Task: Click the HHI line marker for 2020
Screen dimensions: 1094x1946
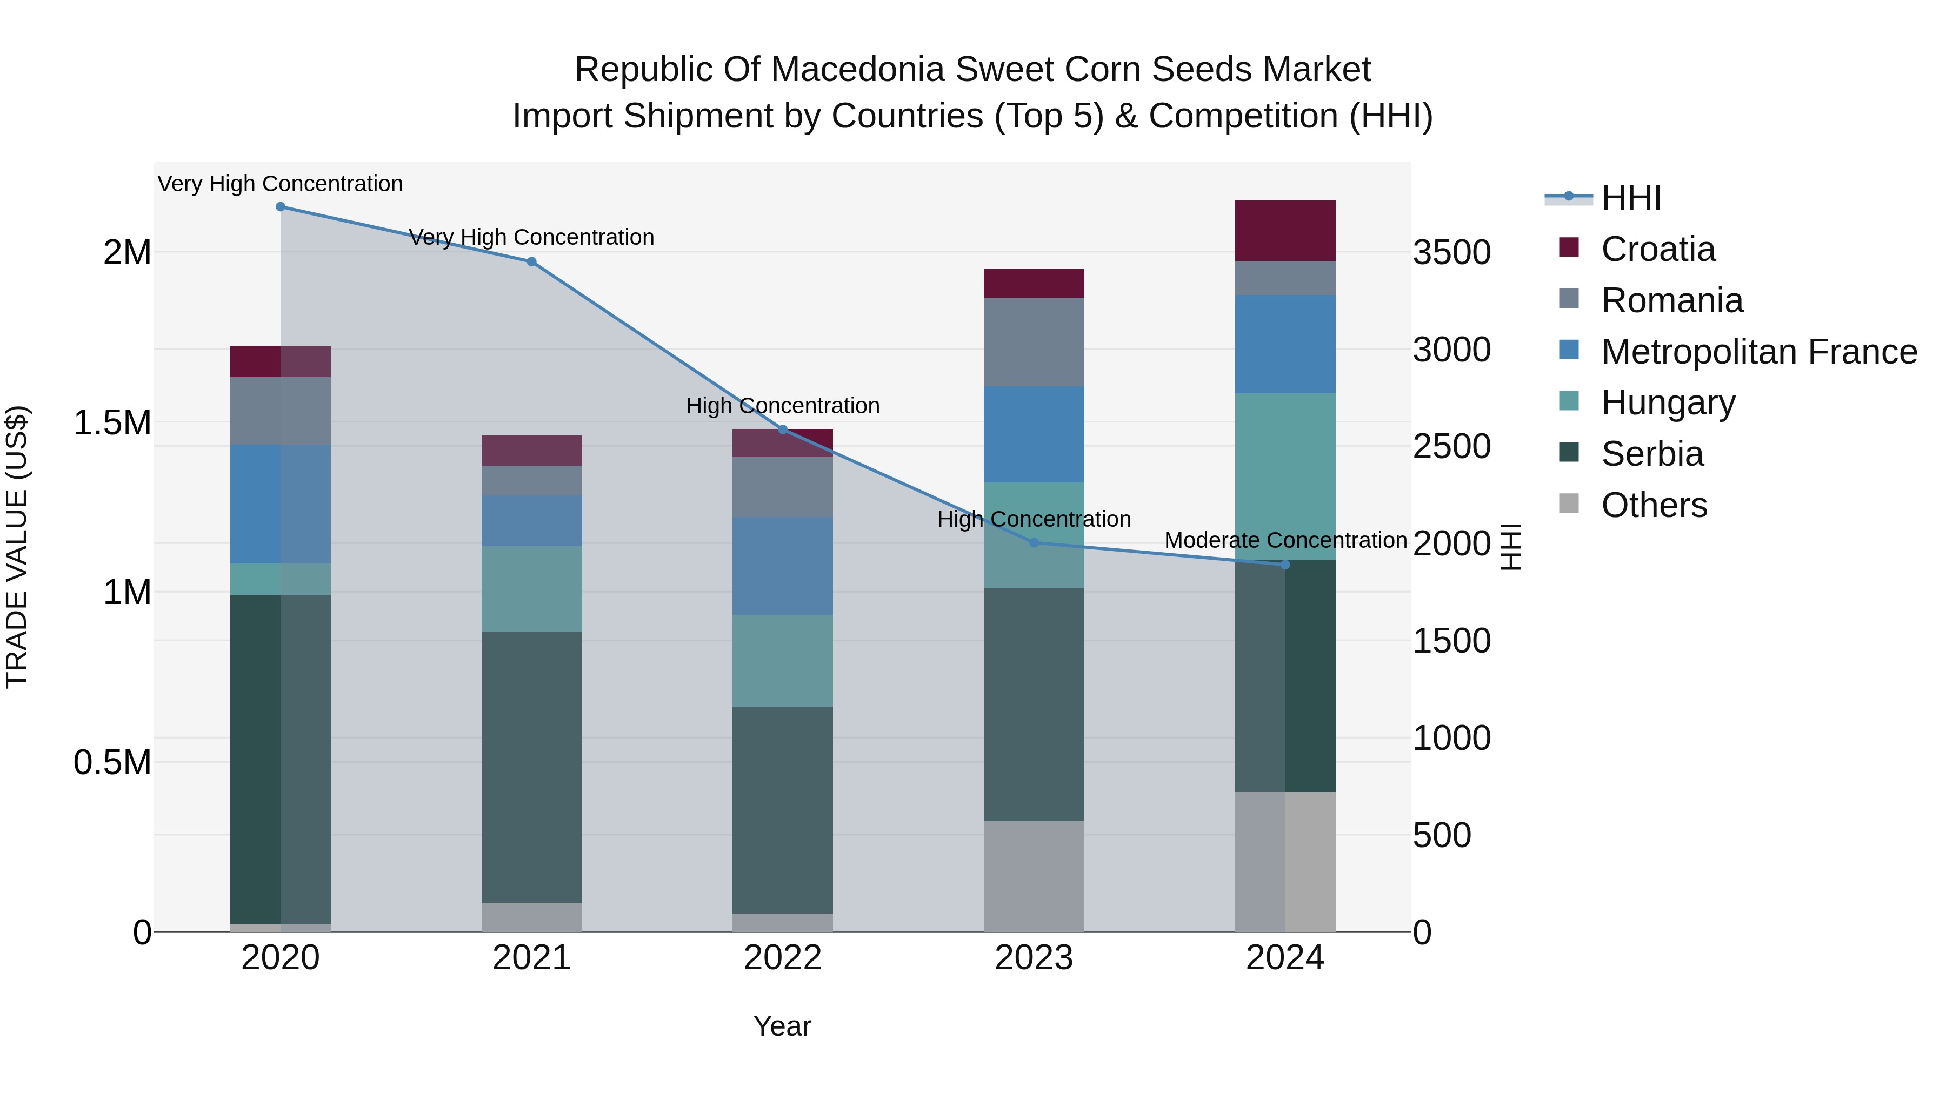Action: (280, 207)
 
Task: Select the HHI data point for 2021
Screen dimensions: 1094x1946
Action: (531, 262)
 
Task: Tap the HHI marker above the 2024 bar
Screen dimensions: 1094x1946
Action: (1284, 565)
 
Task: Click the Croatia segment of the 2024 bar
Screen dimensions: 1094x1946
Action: (1284, 231)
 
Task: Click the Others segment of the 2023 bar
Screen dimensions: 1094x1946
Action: (1034, 876)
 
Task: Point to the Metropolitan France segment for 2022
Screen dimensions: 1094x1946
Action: (783, 566)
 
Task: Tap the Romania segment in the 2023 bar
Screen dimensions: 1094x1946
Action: (1034, 342)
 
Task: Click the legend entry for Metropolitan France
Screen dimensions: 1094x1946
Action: (1758, 352)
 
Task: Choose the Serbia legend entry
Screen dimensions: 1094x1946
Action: (1651, 454)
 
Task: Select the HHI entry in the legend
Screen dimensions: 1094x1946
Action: (1630, 198)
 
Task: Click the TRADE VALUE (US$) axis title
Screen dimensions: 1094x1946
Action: (17, 547)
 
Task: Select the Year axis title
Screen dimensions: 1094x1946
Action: (782, 1026)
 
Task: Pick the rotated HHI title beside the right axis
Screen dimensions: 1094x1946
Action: (1510, 547)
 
